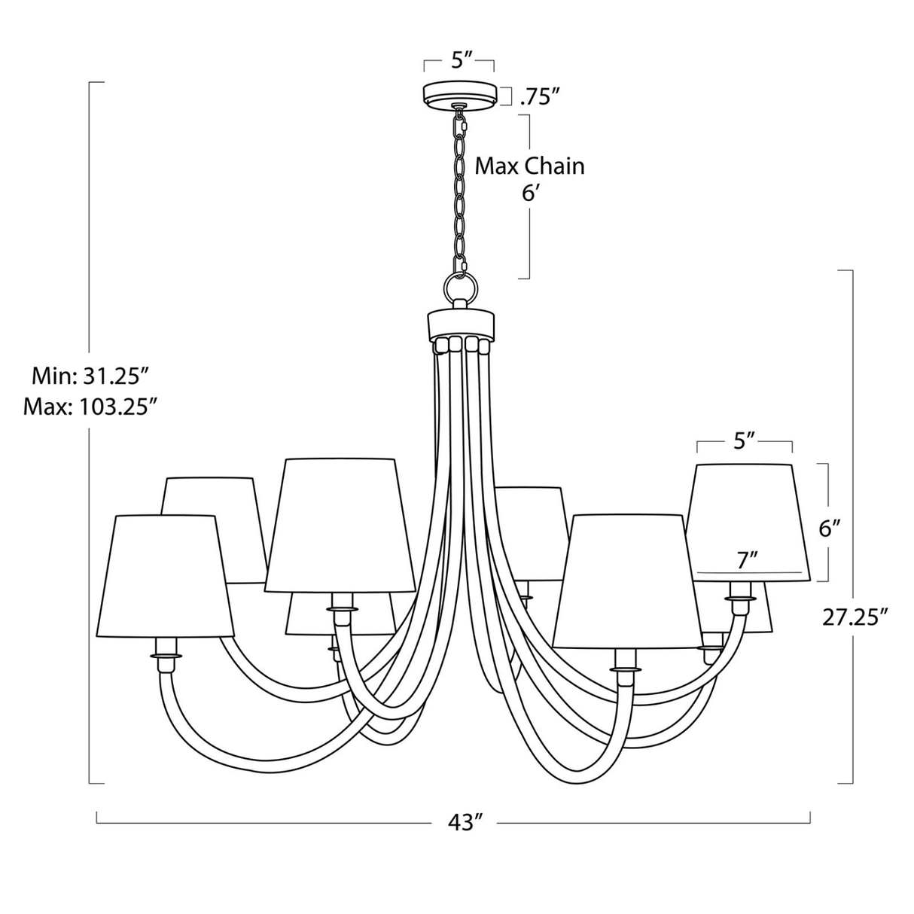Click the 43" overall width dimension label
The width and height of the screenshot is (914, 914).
tap(465, 822)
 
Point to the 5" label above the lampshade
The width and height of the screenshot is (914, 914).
tap(745, 441)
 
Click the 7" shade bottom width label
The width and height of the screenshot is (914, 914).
tap(747, 559)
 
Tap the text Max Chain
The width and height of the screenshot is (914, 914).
tap(529, 166)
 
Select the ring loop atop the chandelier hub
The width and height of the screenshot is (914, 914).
tap(460, 287)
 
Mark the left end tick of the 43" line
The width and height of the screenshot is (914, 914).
tap(97, 818)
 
